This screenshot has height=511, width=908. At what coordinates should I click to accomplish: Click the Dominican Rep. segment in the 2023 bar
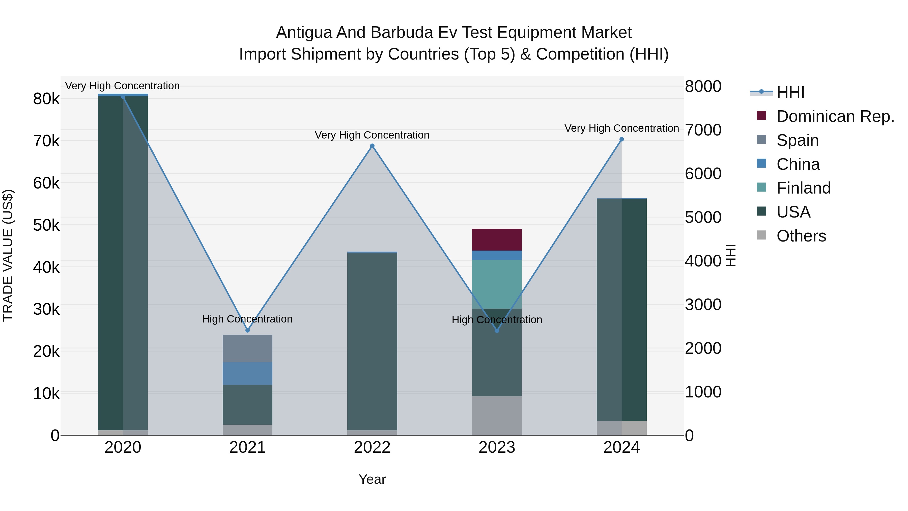click(x=497, y=239)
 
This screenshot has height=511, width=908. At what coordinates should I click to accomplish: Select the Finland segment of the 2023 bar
click(x=497, y=284)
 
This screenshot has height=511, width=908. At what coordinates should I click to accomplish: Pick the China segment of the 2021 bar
click(x=247, y=373)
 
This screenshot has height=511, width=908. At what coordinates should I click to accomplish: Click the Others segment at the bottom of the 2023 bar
click(x=497, y=415)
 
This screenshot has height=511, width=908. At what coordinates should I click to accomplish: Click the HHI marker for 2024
click(x=621, y=139)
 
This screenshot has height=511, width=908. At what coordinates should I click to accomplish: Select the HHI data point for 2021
click(x=247, y=330)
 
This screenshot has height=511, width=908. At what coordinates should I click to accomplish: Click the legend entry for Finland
click(x=803, y=188)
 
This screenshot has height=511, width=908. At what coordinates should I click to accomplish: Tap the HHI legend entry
click(x=790, y=92)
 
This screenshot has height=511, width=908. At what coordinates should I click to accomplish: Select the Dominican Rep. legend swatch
click(x=761, y=116)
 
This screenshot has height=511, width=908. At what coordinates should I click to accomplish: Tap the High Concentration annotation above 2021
click(x=247, y=319)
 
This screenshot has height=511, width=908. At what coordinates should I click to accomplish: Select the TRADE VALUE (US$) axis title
click(x=8, y=255)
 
